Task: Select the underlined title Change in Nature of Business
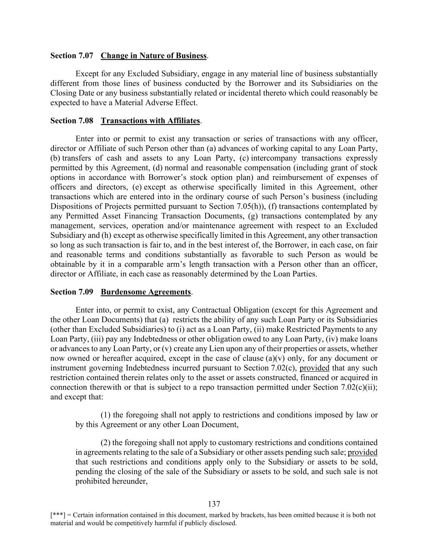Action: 154,56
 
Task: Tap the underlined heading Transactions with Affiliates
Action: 150,121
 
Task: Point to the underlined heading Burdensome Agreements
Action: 146,292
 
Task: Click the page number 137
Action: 214,504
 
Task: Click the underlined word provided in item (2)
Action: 363,452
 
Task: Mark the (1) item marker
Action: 105,415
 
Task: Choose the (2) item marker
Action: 105,442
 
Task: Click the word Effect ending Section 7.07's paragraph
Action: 185,102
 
